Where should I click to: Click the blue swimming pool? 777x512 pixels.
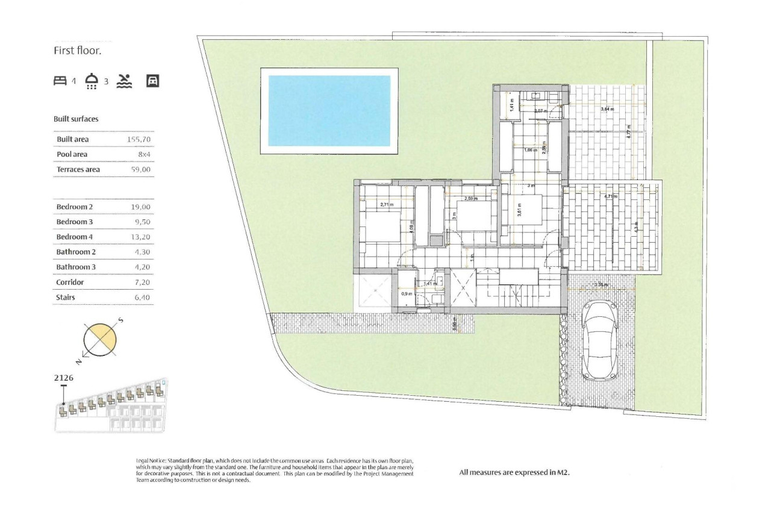tap(329, 110)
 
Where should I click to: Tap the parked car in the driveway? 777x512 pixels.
tap(599, 340)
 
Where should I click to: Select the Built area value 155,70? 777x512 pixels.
tap(138, 139)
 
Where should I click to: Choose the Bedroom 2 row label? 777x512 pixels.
tap(74, 207)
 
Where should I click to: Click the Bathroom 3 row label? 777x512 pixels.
tap(76, 267)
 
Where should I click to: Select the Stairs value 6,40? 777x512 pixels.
tap(141, 297)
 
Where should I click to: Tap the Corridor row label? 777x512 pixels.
tap(70, 282)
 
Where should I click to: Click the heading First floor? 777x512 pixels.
tap(78, 51)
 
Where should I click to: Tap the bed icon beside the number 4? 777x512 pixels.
tap(60, 81)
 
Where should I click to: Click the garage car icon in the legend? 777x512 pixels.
tap(153, 81)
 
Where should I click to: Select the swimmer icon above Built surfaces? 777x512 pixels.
tap(123, 81)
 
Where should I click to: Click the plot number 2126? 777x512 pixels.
tap(64, 378)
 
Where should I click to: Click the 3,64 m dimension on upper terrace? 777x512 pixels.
tap(608, 109)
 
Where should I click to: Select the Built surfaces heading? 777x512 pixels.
tap(76, 119)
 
